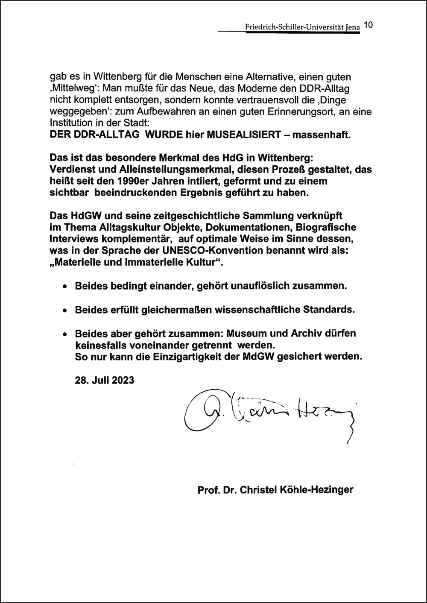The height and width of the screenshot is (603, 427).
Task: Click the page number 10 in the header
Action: tap(369, 25)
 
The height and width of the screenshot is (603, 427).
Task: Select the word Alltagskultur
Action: tap(126, 227)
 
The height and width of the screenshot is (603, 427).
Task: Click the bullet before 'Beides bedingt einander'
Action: tap(64, 287)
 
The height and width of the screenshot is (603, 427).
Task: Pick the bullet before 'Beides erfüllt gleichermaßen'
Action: tap(64, 310)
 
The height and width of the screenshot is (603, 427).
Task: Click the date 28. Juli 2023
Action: tap(105, 380)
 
